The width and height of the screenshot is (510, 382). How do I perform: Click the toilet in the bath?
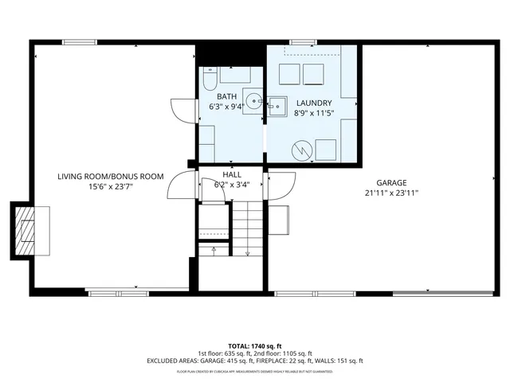coord(208,79)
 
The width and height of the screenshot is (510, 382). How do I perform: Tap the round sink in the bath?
coord(253,101)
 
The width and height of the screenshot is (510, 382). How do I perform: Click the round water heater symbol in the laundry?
coord(303,148)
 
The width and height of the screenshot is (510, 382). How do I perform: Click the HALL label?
coord(232,174)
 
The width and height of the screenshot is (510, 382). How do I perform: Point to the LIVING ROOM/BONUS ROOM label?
coord(110,177)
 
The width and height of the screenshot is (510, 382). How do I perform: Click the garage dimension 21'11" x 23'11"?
coord(391,193)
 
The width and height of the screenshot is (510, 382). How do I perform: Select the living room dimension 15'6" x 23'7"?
coord(111,188)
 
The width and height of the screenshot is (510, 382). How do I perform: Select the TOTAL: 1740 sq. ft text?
coord(254,345)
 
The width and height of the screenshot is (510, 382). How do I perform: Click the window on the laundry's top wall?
coord(302,42)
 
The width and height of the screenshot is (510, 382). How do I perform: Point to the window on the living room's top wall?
coord(75,42)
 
